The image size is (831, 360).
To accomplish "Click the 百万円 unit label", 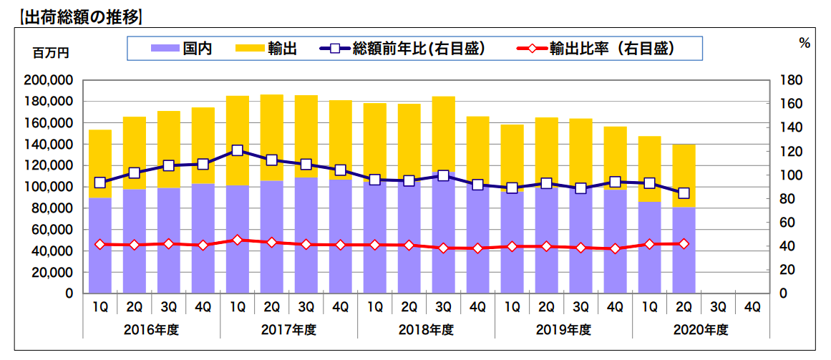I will (x=51, y=54).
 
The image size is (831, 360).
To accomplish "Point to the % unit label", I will (x=805, y=43).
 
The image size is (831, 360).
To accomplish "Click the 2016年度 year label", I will (x=151, y=330).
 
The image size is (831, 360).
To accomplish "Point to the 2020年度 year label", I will (x=701, y=330).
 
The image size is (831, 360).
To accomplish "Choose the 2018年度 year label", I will (x=426, y=330).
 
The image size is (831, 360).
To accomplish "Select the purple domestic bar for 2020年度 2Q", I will (x=684, y=250).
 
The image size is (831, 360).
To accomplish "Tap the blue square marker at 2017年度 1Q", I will (x=237, y=151).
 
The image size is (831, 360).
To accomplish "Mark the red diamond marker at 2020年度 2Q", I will (x=684, y=244).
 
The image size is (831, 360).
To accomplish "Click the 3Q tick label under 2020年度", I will (x=718, y=307).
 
